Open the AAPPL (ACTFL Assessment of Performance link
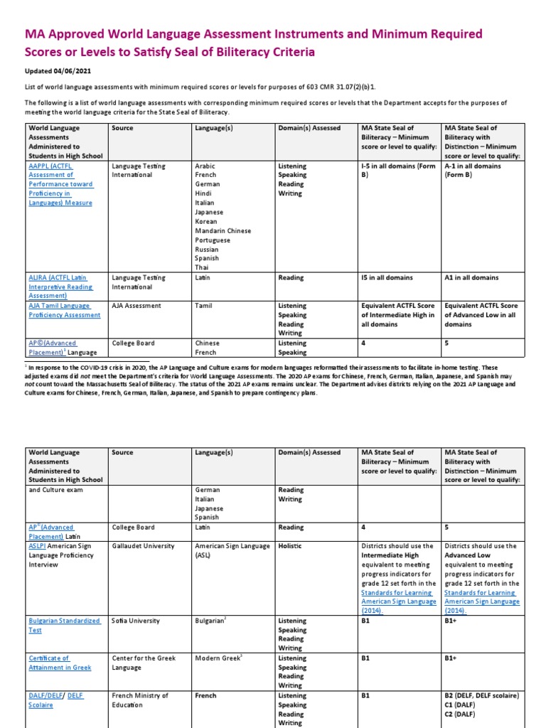[60, 184]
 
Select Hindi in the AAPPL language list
[204, 193]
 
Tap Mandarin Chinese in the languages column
[223, 230]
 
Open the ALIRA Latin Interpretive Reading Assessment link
[60, 287]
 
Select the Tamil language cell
[205, 306]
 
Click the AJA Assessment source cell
[136, 306]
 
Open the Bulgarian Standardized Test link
[64, 625]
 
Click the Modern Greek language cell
[219, 658]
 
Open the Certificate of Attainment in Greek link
[60, 663]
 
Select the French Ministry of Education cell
[139, 700]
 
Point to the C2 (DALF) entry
[466, 714]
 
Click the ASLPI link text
[37, 546]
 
